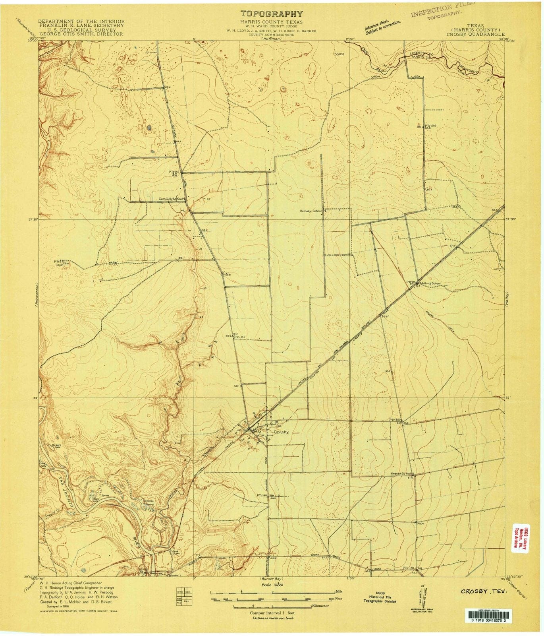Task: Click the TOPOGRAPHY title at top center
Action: pos(272,14)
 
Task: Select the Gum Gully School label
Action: pos(171,199)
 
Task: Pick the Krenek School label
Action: pos(402,474)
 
